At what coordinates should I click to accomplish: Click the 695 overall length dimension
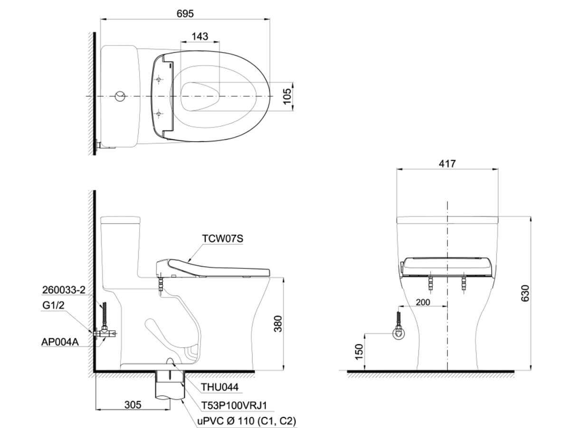point(185,14)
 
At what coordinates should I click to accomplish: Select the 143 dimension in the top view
point(200,37)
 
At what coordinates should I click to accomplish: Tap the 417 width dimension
point(447,164)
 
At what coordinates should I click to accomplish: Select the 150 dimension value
point(359,352)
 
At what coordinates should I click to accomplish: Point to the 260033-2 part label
point(63,291)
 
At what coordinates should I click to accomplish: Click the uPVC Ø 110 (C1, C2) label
point(247,421)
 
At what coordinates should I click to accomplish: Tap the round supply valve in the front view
point(399,334)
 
